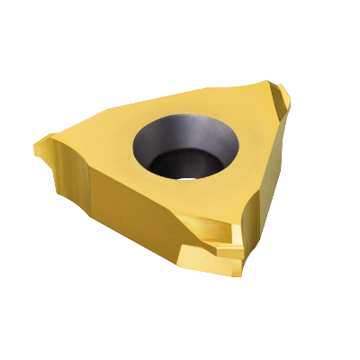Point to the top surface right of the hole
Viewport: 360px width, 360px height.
click(x=247, y=135)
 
